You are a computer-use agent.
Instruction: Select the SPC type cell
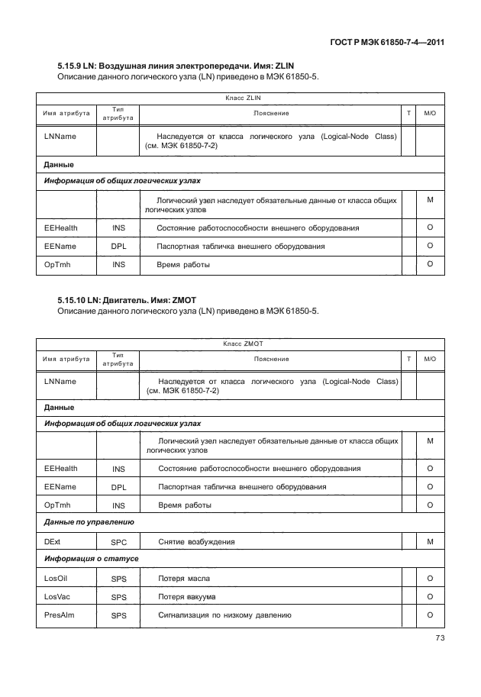click(x=118, y=542)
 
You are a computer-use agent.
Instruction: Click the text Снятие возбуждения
click(x=195, y=542)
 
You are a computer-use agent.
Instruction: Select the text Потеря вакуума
click(x=186, y=597)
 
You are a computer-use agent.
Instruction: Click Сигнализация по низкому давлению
click(x=224, y=615)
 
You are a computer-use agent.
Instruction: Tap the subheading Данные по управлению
click(x=89, y=523)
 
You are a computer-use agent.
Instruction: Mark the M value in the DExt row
click(x=430, y=541)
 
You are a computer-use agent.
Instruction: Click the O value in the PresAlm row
click(x=430, y=615)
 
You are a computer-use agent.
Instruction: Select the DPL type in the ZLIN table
click(x=118, y=247)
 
